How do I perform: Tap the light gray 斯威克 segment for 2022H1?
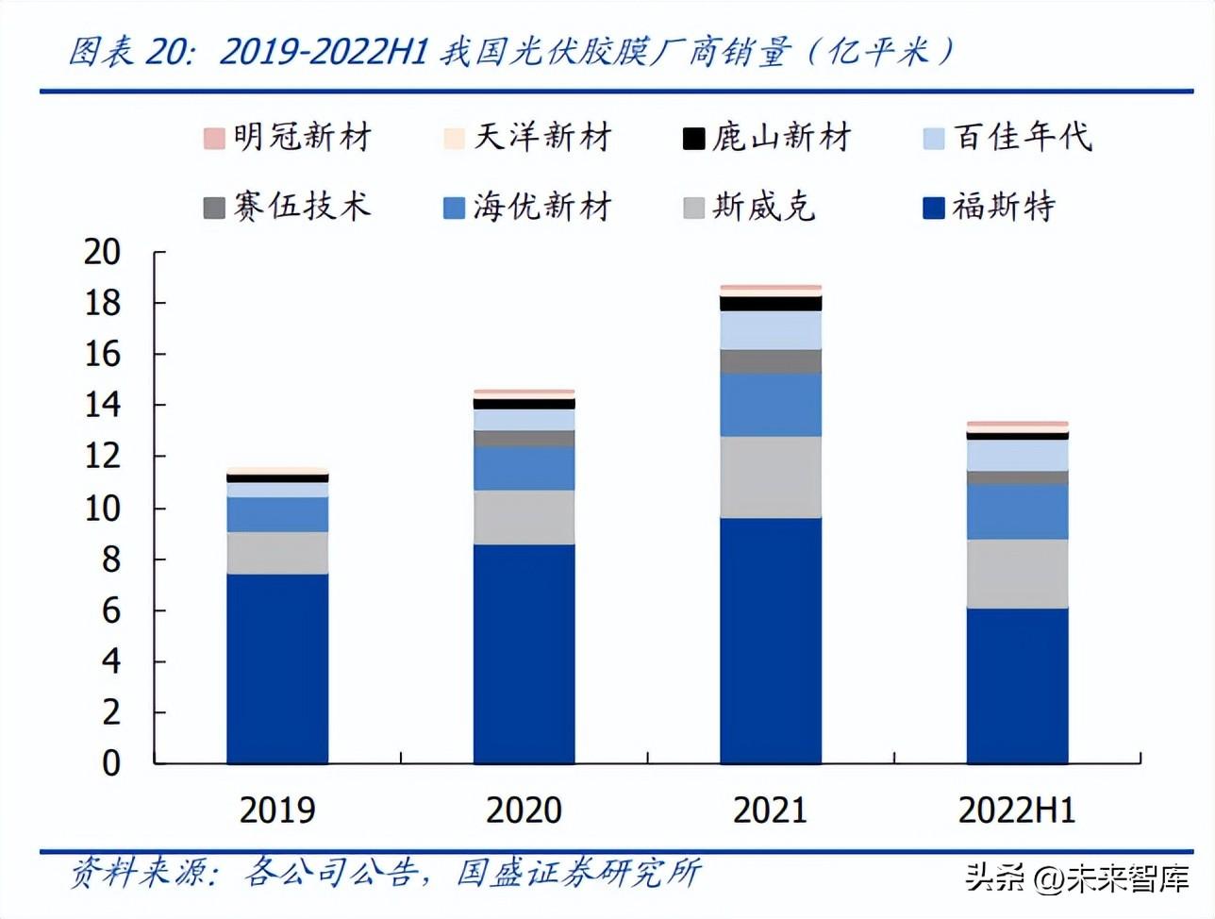(x=1017, y=574)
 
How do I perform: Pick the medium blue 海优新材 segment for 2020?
(x=524, y=468)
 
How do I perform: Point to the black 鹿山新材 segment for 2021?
(x=770, y=303)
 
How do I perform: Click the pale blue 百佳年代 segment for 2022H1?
(x=1017, y=455)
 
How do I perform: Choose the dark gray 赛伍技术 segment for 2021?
(x=770, y=361)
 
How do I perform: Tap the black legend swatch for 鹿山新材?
(x=693, y=139)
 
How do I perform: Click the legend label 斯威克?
(x=763, y=207)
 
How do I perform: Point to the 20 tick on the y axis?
(x=103, y=252)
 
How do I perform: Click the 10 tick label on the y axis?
(x=103, y=509)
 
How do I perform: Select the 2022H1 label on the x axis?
(x=1016, y=810)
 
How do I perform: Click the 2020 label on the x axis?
(x=524, y=810)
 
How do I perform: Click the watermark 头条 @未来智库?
(x=1076, y=879)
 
